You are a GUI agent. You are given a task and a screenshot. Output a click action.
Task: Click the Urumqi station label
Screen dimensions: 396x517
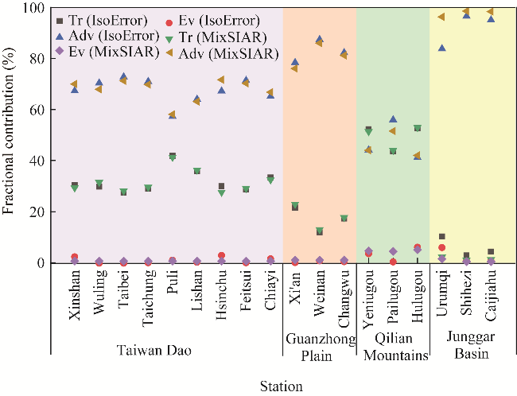(x=441, y=293)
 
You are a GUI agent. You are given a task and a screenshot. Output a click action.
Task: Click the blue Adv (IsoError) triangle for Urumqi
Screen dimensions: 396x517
(x=441, y=48)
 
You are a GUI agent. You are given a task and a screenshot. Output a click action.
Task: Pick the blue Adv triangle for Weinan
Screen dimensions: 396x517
(x=320, y=39)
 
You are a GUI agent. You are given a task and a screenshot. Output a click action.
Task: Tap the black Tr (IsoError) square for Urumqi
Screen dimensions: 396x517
(x=441, y=236)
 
